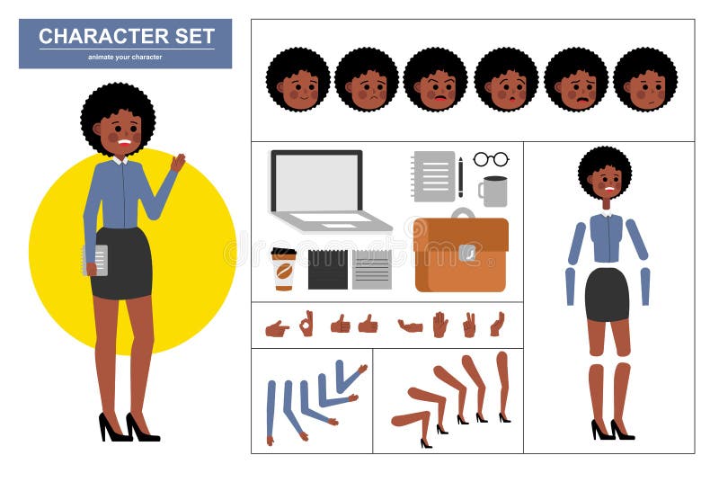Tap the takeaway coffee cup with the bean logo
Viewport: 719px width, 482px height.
(284, 269)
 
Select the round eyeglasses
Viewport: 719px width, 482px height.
(491, 159)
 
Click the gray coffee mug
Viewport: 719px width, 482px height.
(493, 191)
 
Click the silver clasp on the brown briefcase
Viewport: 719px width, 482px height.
(466, 254)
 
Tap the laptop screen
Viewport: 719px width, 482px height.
(316, 182)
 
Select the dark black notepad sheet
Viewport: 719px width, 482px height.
(327, 270)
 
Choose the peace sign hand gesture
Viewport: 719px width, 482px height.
(468, 325)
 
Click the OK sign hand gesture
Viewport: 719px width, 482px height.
(306, 324)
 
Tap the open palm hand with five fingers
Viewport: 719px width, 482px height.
(439, 325)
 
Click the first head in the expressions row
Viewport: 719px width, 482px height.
(297, 80)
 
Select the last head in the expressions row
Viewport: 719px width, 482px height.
(645, 80)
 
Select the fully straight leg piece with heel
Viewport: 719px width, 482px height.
(502, 387)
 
